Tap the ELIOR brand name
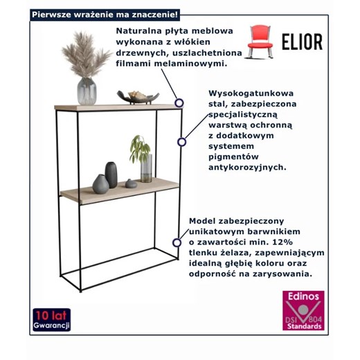click(x=302, y=42)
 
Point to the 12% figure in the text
click(x=291, y=242)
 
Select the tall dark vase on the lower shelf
click(x=111, y=175)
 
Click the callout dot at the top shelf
click(x=179, y=102)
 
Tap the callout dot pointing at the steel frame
click(x=182, y=142)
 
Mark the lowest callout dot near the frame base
click(x=177, y=242)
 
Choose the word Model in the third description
click(x=204, y=221)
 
